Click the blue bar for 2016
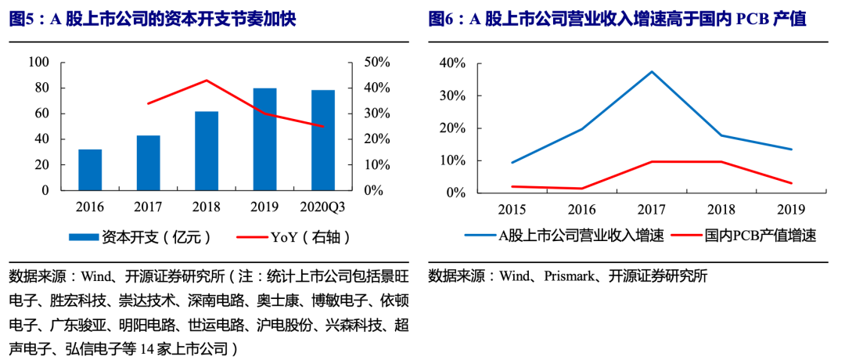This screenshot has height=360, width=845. pos(90,170)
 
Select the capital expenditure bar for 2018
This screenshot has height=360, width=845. pos(207,151)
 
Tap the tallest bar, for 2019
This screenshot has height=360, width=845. pos(264,139)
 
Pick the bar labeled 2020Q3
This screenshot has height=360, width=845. pos(323,141)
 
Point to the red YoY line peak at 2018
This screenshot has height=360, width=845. pos(207,81)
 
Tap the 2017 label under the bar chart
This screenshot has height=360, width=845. pos(149,207)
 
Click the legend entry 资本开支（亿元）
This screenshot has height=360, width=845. pos(139,236)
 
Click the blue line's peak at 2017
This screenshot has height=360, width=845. pos(652,72)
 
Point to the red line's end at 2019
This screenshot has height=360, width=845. pos(792,183)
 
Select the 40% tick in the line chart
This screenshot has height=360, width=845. pos(453,63)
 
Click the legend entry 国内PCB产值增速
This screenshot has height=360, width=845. pos(747,236)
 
